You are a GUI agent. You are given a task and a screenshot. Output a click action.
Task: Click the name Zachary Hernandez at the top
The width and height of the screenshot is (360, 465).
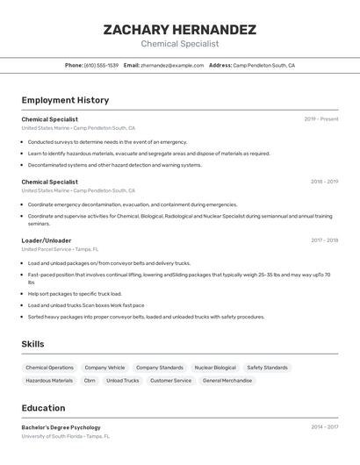(x=179, y=30)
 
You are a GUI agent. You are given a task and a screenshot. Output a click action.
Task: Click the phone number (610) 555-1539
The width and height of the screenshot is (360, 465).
(x=101, y=66)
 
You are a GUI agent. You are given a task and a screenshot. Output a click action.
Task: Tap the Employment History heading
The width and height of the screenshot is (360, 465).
(x=65, y=100)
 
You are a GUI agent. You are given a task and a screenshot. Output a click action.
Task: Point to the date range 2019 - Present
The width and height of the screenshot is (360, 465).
(x=321, y=119)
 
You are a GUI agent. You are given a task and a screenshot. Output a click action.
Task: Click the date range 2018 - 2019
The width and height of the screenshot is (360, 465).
(x=324, y=182)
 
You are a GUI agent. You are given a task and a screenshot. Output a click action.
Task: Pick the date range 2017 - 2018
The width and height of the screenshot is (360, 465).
(x=324, y=240)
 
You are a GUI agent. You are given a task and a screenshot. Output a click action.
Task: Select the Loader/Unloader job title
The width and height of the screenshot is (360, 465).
(x=47, y=240)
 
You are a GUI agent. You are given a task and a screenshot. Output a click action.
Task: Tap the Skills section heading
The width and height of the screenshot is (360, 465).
(x=32, y=344)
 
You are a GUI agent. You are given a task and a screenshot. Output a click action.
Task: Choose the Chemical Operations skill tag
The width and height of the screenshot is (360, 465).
(x=50, y=368)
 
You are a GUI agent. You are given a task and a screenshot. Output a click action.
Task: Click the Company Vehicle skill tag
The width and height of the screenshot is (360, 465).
(x=104, y=368)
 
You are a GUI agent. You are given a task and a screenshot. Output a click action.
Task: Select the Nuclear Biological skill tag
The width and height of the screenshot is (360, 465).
(x=215, y=368)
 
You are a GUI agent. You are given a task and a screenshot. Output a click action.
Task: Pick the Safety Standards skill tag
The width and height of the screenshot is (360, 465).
(x=267, y=368)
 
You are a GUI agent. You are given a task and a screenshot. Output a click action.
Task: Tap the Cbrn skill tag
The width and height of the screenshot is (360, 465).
(x=90, y=381)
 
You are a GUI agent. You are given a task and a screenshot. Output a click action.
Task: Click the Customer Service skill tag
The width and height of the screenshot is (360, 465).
(x=170, y=381)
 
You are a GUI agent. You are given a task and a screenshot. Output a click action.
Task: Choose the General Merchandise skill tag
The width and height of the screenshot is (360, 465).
(x=227, y=381)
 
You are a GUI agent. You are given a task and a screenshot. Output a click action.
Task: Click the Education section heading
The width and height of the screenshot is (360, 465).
(x=43, y=408)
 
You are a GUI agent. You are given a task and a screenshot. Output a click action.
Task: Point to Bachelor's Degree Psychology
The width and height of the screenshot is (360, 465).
(x=61, y=427)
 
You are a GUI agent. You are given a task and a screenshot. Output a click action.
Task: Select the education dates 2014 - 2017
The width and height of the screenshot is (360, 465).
(x=324, y=427)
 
